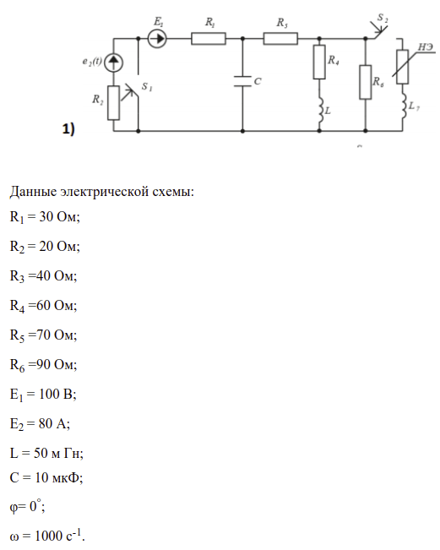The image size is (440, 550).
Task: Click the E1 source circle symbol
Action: (x=157, y=38)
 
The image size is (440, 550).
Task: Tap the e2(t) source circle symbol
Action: (x=113, y=63)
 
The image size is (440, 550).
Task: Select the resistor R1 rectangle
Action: (x=209, y=38)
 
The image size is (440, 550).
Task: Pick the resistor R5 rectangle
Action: (x=280, y=38)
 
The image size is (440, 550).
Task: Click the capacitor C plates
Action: (x=242, y=81)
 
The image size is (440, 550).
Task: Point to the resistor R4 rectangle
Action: (x=319, y=62)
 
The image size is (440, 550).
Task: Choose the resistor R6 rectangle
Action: (x=366, y=82)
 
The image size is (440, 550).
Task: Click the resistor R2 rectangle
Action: (x=113, y=103)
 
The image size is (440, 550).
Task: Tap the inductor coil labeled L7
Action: (x=403, y=106)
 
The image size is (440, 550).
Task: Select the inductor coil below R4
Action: (x=320, y=110)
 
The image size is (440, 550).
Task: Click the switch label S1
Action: (x=147, y=87)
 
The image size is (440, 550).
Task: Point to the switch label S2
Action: (x=383, y=18)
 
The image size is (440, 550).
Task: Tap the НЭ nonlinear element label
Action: (x=426, y=47)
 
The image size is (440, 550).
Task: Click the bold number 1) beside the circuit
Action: (x=68, y=128)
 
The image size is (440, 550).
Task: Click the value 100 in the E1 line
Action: (x=49, y=394)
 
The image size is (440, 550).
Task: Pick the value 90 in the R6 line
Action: (x=43, y=364)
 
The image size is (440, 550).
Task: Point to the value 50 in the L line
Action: (x=41, y=453)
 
